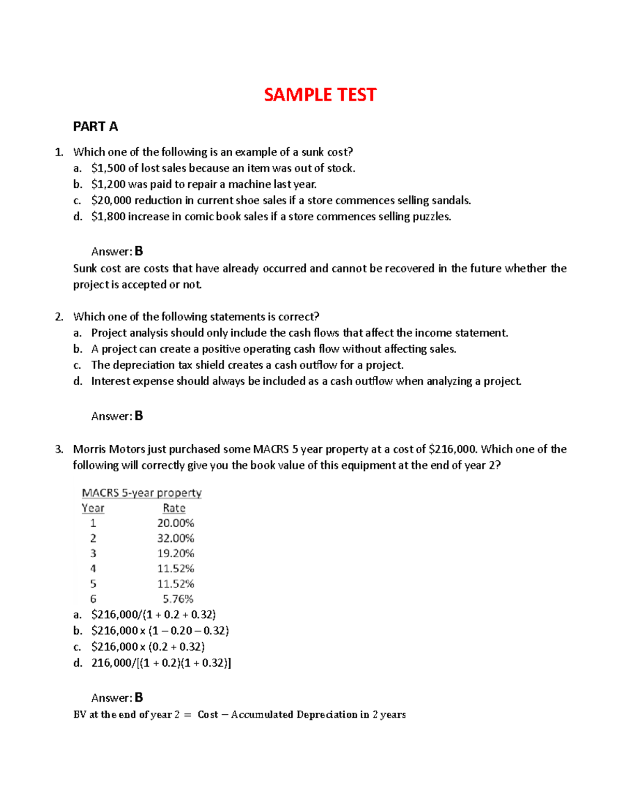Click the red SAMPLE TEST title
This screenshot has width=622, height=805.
[320, 95]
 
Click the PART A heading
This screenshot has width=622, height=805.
[95, 126]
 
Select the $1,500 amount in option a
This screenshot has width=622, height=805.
[108, 168]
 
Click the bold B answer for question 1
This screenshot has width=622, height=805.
[138, 251]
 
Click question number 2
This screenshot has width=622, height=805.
[59, 317]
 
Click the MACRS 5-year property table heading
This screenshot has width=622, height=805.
[142, 493]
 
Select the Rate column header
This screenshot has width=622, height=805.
[174, 509]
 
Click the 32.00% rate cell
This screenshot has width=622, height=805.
[176, 539]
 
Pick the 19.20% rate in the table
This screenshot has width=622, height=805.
[176, 554]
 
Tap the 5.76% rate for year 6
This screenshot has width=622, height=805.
[178, 599]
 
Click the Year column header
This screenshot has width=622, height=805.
[93, 509]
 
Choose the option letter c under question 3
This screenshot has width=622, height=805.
[77, 647]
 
